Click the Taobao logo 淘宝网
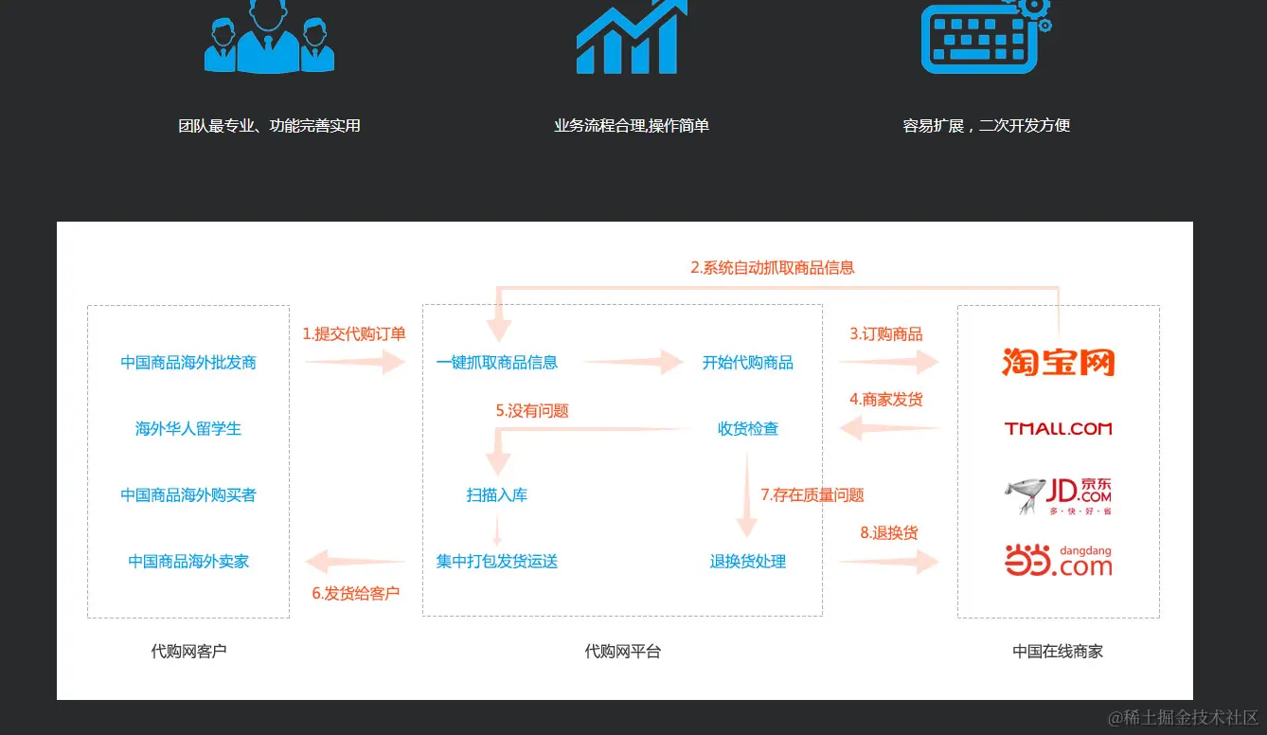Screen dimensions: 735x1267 point(1058,362)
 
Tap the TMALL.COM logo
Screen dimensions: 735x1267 point(1058,428)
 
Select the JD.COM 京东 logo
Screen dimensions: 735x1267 point(1058,495)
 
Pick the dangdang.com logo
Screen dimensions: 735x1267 point(1058,561)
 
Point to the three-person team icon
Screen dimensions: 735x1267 point(269,38)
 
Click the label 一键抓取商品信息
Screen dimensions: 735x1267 point(497,363)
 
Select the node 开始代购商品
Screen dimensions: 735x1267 point(748,363)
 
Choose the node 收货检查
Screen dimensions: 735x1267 point(748,429)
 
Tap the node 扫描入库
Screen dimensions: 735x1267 point(497,495)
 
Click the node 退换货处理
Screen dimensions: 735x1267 point(748,562)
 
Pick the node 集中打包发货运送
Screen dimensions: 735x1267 point(497,562)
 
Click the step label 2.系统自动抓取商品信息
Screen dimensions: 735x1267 point(773,268)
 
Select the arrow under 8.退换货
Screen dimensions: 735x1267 point(888,561)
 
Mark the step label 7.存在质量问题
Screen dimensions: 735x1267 point(812,495)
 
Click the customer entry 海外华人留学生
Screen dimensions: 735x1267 point(188,429)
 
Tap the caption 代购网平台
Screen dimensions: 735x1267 point(623,652)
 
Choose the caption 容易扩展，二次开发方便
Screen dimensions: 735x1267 point(986,126)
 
